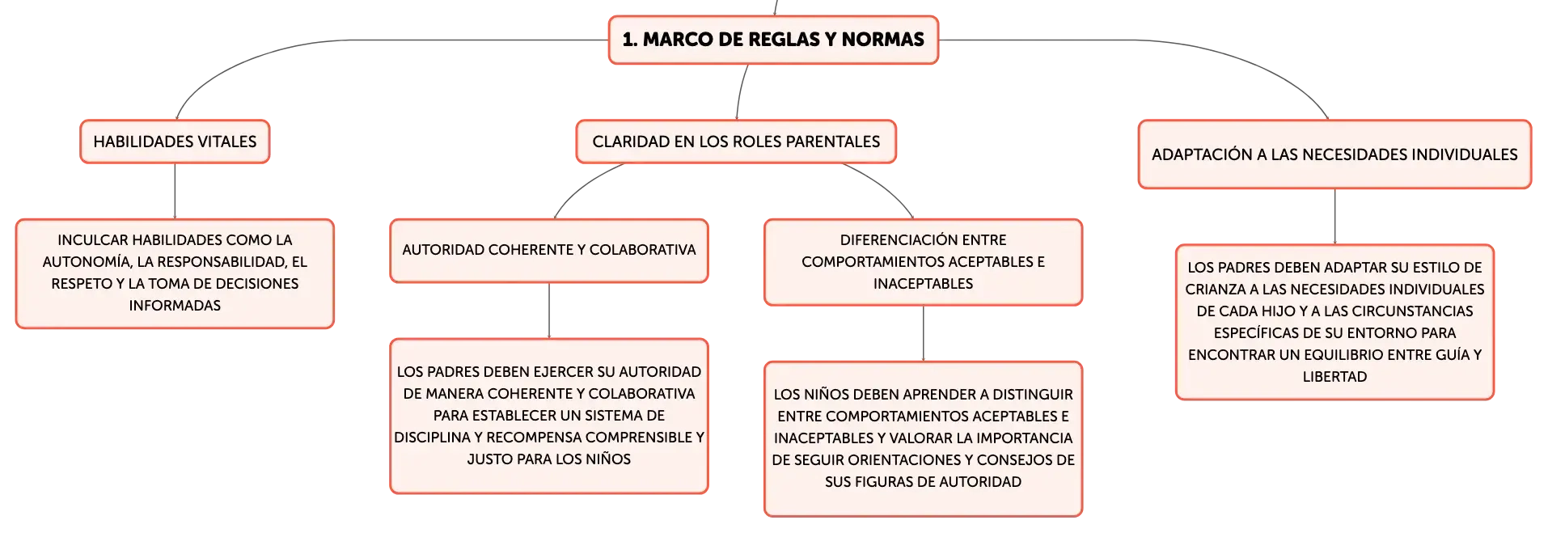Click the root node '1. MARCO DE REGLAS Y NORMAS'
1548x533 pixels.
773,40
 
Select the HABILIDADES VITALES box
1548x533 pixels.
175,142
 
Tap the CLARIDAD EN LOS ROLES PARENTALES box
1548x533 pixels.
736,142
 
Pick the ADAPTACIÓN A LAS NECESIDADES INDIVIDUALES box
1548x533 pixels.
1334,154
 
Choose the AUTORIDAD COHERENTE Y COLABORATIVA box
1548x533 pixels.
549,251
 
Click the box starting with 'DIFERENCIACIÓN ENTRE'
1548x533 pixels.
923,262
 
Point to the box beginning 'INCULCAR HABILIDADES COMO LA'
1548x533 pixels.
175,273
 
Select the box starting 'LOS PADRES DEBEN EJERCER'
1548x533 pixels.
549,416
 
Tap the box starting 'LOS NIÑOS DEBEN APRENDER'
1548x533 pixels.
923,438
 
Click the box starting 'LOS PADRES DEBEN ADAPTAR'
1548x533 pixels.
1334,322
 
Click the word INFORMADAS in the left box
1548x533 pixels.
175,306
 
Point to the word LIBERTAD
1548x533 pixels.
1334,377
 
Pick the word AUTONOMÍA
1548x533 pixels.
87,262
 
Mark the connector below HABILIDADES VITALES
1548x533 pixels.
175,191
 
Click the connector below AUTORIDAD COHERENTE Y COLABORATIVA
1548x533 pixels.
549,311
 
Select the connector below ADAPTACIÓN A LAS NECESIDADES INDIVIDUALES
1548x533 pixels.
1334,217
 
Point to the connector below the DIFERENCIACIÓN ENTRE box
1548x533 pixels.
923,333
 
